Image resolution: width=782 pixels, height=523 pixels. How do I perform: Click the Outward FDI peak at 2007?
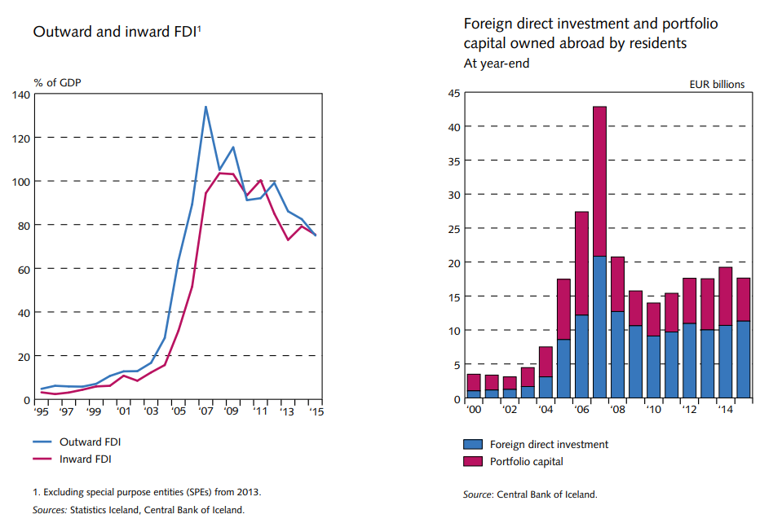pos(205,107)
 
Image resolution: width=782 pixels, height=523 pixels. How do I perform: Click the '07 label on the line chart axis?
pos(207,412)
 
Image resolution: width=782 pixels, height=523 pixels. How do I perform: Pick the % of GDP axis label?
pos(57,81)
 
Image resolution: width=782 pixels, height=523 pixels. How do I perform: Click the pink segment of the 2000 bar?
pos(474,382)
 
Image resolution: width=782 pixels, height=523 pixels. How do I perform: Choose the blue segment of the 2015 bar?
pos(743,360)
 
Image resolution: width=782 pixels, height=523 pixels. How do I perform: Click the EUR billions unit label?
pos(717,84)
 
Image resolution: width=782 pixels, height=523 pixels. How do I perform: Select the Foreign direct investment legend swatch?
pos(473,445)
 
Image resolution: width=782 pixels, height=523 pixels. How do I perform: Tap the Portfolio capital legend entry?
pos(526,462)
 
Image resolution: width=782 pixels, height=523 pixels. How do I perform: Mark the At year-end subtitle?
pos(497,63)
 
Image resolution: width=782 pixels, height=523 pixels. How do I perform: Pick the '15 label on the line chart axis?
pos(316,412)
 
